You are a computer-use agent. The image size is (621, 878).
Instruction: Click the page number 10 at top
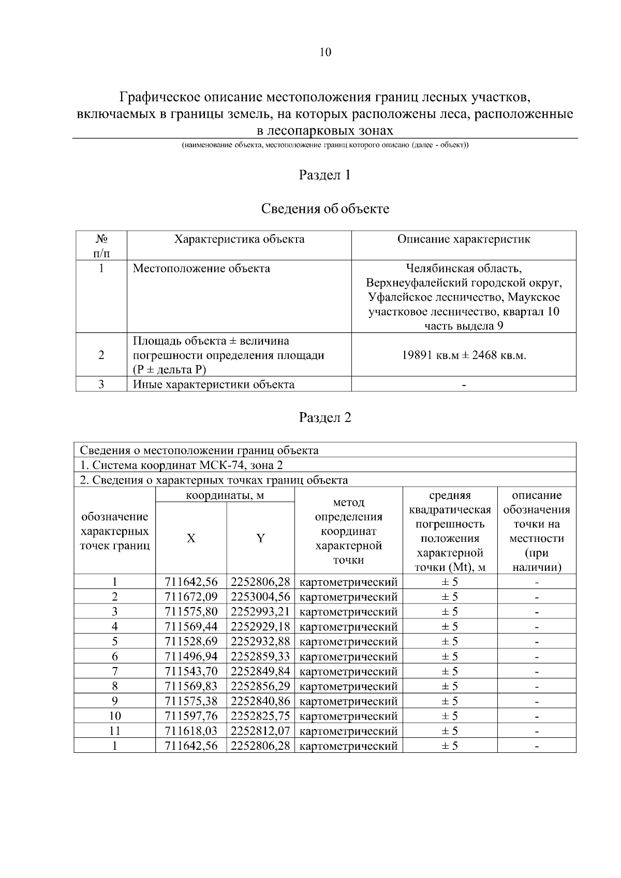325,52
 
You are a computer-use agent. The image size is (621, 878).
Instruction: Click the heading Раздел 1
325,175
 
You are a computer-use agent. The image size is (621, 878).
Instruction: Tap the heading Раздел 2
325,417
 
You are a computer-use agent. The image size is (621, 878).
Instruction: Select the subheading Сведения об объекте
325,209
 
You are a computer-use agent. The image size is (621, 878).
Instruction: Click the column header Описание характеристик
464,239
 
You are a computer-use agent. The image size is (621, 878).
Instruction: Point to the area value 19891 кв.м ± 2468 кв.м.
464,356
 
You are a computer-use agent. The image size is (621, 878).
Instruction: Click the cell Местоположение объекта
202,269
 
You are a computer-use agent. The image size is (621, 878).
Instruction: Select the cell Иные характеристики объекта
214,385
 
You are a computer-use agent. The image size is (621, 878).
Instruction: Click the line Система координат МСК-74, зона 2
181,465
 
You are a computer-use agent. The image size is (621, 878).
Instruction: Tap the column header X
191,539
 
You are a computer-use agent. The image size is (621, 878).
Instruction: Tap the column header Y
260,539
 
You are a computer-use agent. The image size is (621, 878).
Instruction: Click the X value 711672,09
191,597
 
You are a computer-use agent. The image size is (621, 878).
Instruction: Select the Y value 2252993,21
260,612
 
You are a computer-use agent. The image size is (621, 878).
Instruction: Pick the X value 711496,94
191,657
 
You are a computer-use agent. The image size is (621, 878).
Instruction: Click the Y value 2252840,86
260,702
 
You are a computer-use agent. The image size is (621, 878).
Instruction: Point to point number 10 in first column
115,717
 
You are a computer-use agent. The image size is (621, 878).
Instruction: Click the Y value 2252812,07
260,731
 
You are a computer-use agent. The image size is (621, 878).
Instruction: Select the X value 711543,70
191,672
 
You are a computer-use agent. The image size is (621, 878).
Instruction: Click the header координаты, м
225,495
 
